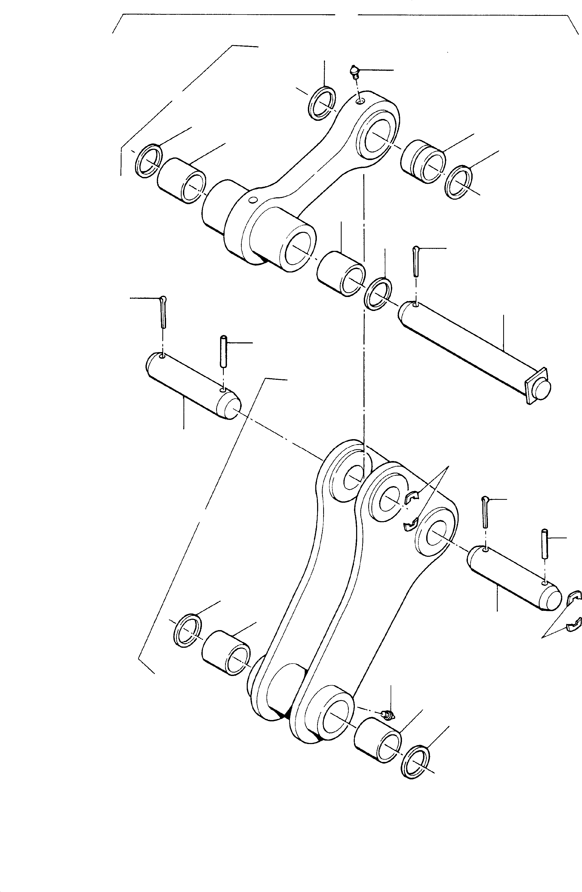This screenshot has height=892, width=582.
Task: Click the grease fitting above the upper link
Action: pos(354,71)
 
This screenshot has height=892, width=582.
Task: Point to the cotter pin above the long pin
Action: pos(416,261)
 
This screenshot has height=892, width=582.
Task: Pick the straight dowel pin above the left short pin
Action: pos(224,351)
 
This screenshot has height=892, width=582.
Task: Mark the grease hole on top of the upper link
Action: pos(360,101)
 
